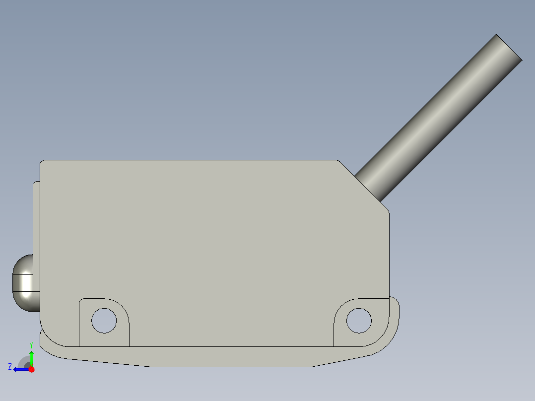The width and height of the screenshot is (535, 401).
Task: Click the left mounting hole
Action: coord(104,321)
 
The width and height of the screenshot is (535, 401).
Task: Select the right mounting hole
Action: coord(359,320)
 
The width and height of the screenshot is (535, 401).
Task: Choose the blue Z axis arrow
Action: coord(20,369)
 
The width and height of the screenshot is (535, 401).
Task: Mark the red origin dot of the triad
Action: coord(31,369)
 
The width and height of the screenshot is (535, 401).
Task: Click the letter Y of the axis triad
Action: coord(31,344)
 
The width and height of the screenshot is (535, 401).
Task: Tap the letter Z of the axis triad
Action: coord(10,367)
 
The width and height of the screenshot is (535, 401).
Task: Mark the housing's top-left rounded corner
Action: coord(42,163)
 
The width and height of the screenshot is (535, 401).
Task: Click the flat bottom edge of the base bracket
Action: coord(231,367)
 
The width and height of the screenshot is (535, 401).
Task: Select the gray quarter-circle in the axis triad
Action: coord(24,361)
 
